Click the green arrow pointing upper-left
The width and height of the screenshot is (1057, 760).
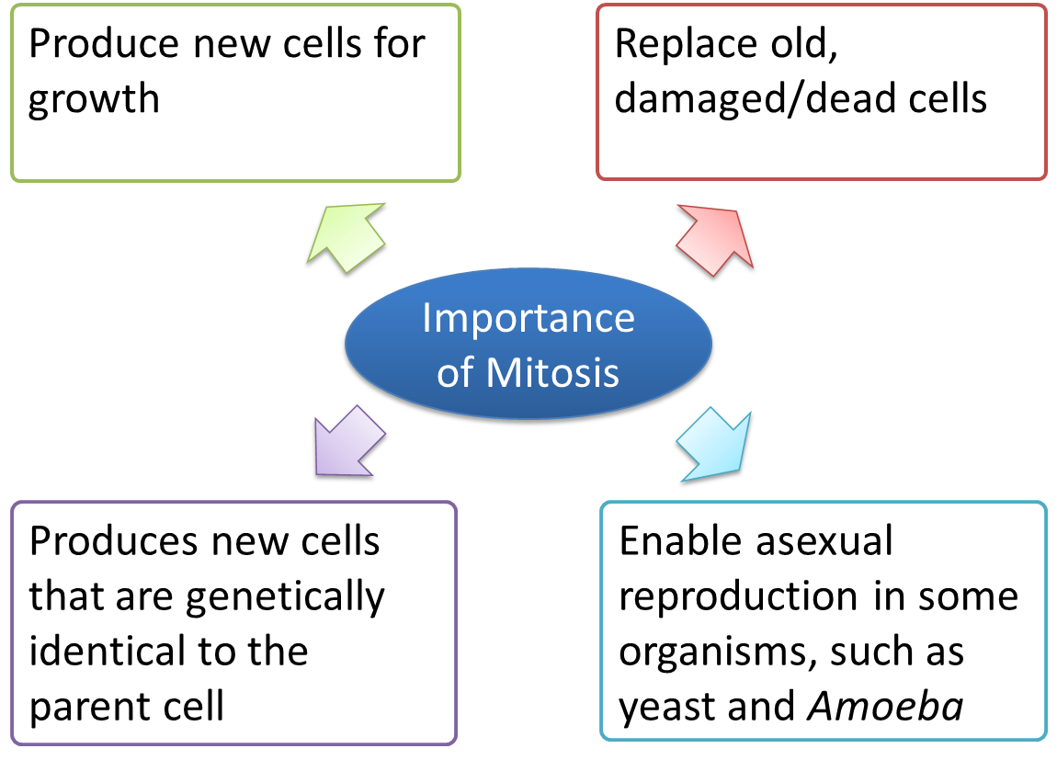tap(347, 237)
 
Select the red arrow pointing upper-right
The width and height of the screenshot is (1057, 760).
tap(714, 240)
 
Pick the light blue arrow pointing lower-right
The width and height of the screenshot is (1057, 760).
tap(714, 445)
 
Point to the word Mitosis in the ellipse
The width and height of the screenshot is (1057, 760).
tap(552, 372)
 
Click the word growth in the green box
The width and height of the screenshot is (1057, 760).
tap(94, 100)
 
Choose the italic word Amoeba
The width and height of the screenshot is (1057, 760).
tap(886, 706)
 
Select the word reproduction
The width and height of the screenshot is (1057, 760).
tap(739, 598)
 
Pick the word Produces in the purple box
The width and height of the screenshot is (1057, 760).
tap(114, 541)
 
